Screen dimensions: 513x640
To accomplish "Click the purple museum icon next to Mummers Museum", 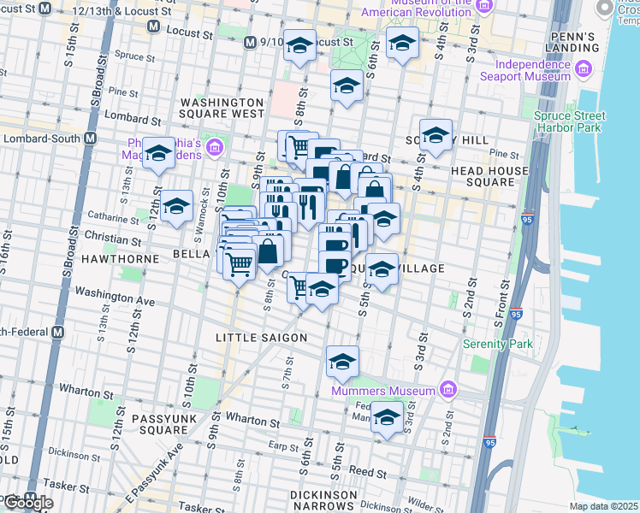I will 447,391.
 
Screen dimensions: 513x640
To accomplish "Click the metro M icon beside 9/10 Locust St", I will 250,42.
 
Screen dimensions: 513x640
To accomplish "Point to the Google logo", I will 28,503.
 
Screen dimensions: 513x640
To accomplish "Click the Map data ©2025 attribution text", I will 603,506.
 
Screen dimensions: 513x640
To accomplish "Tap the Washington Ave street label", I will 115,296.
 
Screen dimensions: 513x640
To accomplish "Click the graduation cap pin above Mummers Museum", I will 342,362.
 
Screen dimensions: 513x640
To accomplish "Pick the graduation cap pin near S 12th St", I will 176,206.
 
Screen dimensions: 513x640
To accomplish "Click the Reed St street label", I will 369,472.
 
